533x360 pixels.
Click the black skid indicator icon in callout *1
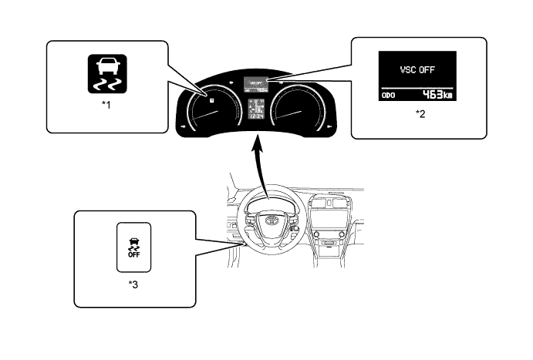(106, 72)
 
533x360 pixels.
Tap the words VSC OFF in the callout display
(418, 68)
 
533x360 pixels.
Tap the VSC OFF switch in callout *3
(133, 247)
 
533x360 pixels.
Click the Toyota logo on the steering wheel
(272, 221)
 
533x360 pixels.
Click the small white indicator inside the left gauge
(209, 99)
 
